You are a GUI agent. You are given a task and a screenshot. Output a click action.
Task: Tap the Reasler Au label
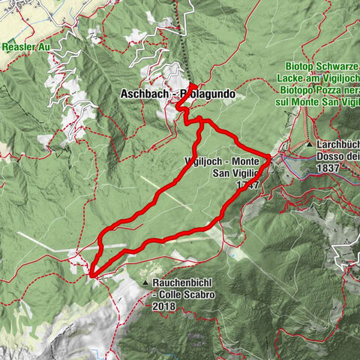pyautogui.click(x=25, y=46)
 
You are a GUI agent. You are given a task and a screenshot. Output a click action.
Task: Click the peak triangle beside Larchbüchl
pyautogui.click(x=309, y=144)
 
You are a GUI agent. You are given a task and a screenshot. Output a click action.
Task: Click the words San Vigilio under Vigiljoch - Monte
pyautogui.click(x=235, y=173)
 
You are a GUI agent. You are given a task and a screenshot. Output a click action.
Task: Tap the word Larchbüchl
pyautogui.click(x=337, y=144)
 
